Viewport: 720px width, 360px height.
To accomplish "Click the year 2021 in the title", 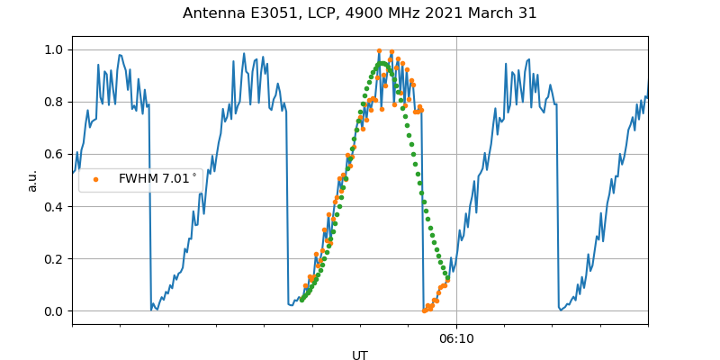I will [451, 13].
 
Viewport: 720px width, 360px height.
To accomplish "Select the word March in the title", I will [495, 13].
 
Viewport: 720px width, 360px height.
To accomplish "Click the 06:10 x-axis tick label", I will [456, 338].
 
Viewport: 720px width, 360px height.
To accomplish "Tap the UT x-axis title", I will [360, 355].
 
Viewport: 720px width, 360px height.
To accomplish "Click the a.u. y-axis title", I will [32, 180].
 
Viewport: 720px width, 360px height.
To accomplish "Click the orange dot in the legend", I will [96, 179].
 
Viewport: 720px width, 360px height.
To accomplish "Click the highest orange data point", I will [379, 51].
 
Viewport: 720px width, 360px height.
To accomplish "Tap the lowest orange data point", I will [425, 310].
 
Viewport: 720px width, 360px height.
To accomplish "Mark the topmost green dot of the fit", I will [382, 64].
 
